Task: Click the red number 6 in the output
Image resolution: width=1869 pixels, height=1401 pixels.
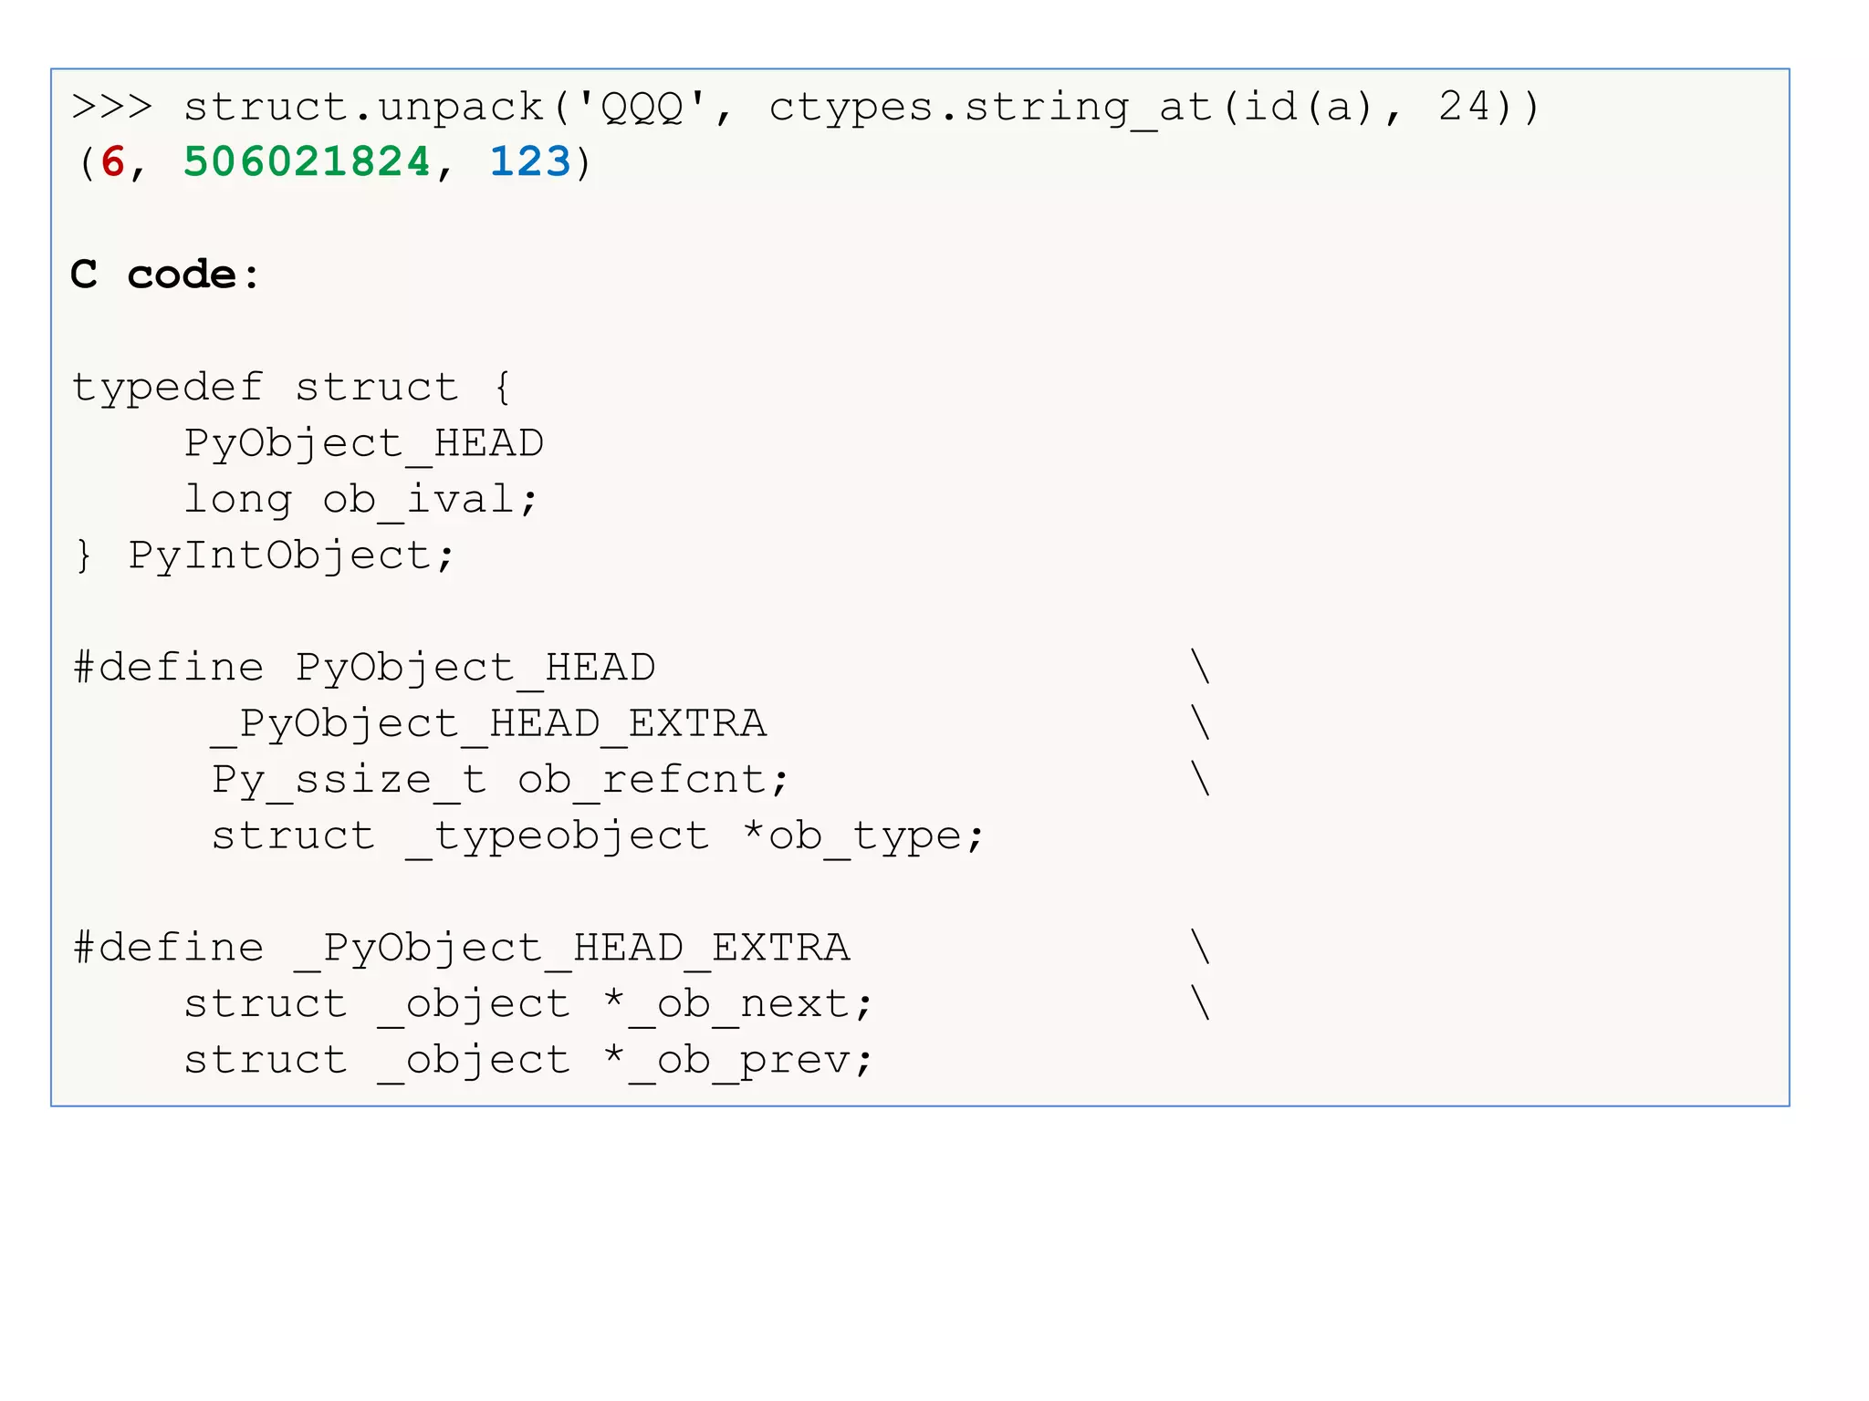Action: coord(113,162)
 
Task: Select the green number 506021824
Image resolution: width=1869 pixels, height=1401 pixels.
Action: coord(307,162)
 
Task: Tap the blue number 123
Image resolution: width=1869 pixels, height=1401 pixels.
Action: coord(529,162)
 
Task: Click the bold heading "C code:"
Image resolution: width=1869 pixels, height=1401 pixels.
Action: coord(165,275)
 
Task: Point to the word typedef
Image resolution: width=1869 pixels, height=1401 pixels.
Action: coord(168,388)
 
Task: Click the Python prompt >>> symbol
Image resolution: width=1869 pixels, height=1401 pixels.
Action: coord(111,107)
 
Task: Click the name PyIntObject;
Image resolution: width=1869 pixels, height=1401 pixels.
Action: coord(291,555)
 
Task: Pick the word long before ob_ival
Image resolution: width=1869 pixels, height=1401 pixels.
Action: coord(238,500)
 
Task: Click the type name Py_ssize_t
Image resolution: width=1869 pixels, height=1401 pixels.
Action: coord(349,780)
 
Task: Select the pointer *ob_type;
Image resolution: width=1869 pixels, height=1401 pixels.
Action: coord(863,836)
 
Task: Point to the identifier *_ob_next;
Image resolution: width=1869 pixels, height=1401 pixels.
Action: coord(737,1004)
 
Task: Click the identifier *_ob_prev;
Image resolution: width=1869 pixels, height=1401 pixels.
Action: coord(737,1060)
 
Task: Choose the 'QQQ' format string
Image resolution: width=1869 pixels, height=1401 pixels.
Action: coord(642,107)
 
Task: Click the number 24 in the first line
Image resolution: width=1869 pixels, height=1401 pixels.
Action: coord(1465,107)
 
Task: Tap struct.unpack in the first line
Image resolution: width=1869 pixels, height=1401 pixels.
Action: coord(363,107)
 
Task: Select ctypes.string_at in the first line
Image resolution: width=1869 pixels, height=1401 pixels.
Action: coord(991,107)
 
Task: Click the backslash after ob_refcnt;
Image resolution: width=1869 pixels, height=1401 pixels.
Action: coord(1201,780)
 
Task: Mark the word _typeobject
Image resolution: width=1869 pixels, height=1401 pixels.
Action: coord(557,836)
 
